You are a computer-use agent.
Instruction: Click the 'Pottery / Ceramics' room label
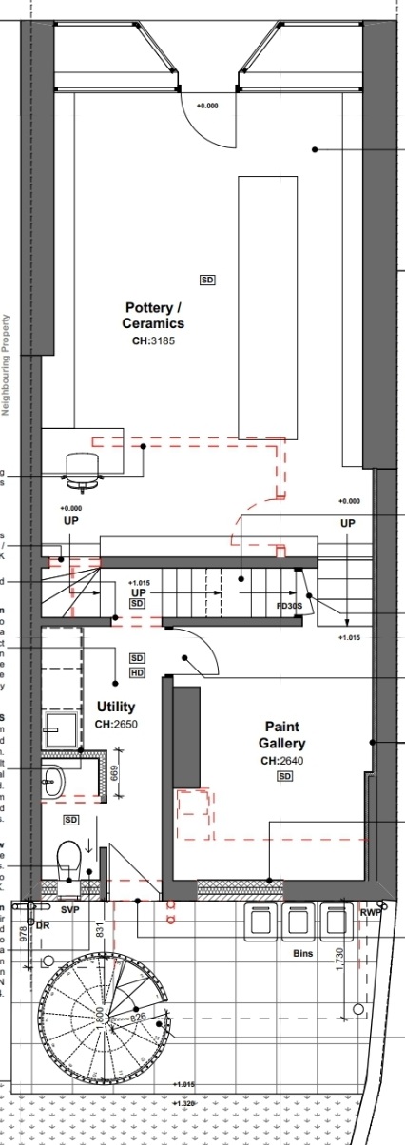tap(153, 316)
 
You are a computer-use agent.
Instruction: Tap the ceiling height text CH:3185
tap(153, 340)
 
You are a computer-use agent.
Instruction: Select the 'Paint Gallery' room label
tap(282, 734)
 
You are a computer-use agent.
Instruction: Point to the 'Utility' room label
tap(116, 708)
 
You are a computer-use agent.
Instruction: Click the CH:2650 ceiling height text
tap(116, 725)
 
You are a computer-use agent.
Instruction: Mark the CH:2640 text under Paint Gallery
tap(282, 761)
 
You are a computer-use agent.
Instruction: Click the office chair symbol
tap(82, 471)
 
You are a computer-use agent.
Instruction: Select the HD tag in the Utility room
tap(137, 673)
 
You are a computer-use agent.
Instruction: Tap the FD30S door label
tap(289, 605)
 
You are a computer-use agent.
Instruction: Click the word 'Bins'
tap(303, 951)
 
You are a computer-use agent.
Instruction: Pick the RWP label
tap(370, 912)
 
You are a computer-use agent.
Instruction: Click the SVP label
tap(69, 910)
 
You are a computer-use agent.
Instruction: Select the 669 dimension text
tap(114, 773)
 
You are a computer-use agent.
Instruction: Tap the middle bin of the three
tap(299, 921)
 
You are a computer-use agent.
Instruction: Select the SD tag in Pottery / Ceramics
tap(207, 280)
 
